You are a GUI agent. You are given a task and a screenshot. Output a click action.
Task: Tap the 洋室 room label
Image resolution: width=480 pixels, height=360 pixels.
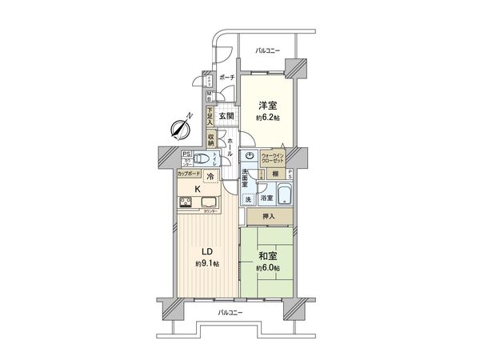(267, 105)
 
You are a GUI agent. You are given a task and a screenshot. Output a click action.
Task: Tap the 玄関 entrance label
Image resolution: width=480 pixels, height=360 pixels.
(227, 116)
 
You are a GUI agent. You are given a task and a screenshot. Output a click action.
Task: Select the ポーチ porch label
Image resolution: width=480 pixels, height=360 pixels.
(226, 78)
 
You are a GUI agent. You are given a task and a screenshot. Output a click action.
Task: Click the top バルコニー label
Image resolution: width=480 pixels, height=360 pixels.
(268, 50)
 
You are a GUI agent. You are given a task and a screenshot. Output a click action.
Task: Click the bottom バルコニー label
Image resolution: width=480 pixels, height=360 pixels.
(231, 313)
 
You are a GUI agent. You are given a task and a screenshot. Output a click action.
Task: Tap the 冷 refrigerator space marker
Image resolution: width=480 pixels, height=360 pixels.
(210, 177)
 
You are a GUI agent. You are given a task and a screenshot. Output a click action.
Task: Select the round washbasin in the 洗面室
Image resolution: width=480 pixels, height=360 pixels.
(250, 155)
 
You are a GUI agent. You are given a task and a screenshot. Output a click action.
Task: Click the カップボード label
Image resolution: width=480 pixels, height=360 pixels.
(190, 173)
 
